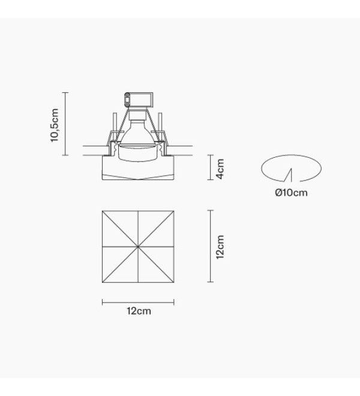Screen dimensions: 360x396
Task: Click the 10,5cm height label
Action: pos(55,125)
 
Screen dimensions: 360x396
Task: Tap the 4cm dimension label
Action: pos(220,169)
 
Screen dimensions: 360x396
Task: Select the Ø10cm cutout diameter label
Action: pos(291,193)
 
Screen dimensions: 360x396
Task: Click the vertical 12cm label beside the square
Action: pos(220,247)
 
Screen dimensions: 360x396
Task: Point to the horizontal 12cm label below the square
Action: pos(139,311)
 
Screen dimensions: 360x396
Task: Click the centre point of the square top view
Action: pos(138,246)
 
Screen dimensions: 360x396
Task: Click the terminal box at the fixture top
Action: pos(139,100)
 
